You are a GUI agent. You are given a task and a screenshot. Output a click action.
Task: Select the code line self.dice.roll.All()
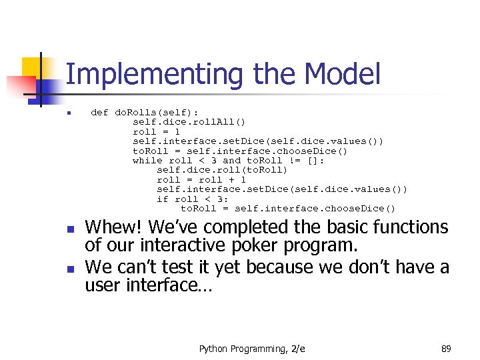pos(189,122)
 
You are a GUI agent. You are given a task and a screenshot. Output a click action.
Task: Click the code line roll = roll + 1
pos(201,180)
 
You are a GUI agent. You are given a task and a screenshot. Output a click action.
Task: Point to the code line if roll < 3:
pos(193,199)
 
